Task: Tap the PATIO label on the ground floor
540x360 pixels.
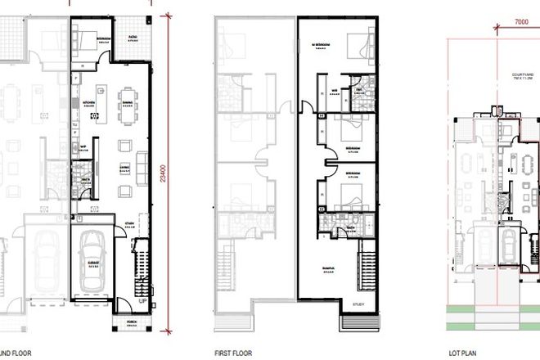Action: [x=132, y=37]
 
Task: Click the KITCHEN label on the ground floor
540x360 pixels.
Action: [x=84, y=103]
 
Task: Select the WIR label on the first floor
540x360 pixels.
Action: [x=335, y=91]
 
